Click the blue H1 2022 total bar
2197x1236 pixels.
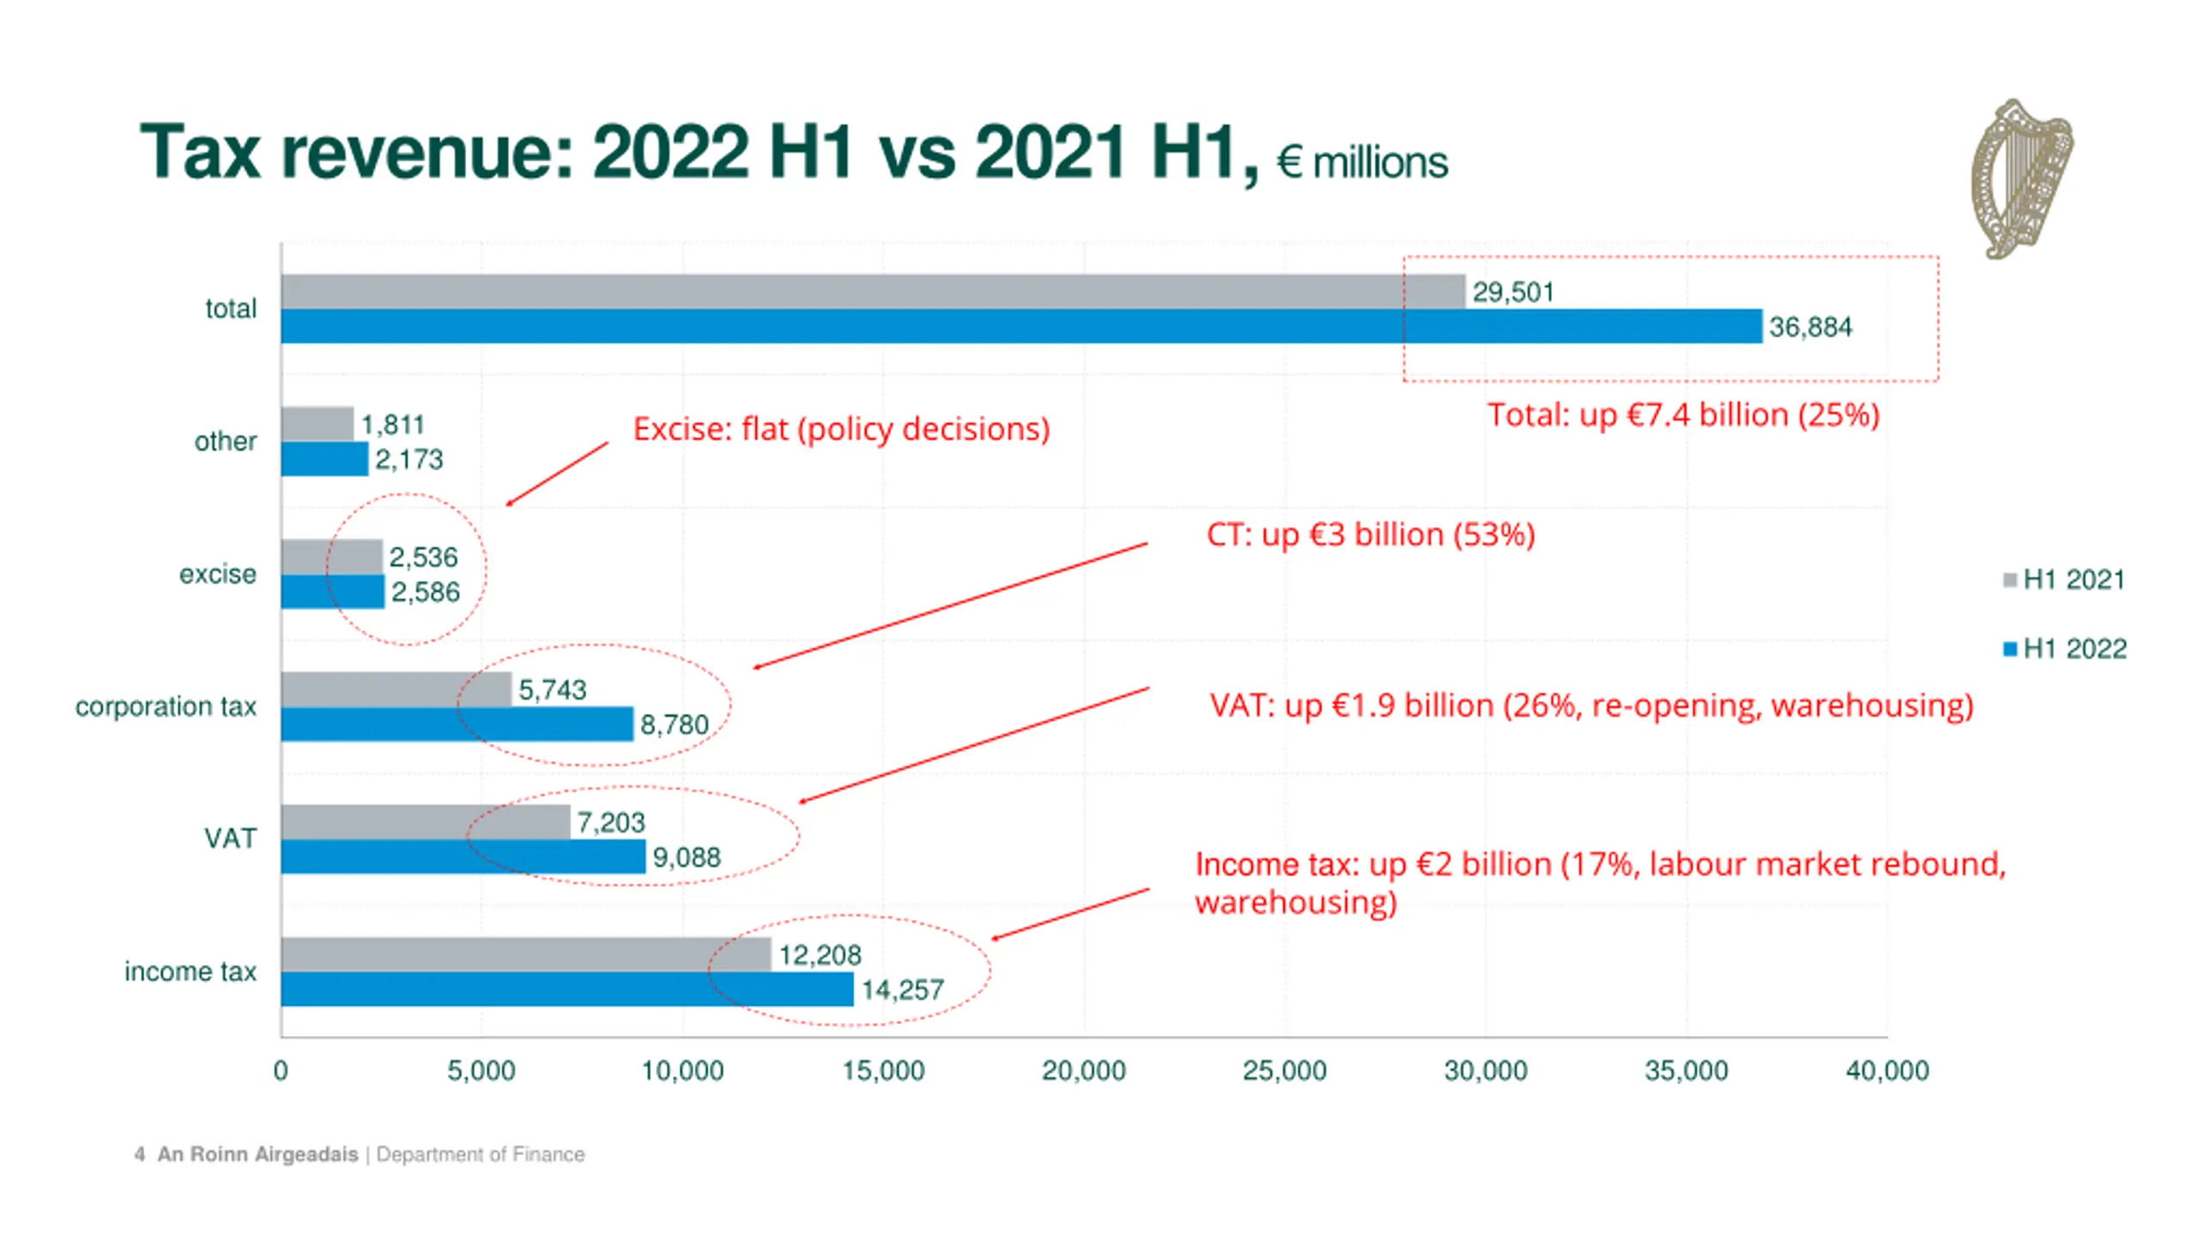(1021, 326)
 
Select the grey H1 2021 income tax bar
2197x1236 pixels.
(525, 954)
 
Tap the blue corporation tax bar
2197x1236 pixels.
(457, 724)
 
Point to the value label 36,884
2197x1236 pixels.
(1810, 327)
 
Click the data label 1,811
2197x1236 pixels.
(392, 424)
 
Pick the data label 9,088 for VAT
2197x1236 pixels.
(687, 857)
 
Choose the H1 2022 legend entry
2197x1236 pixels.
(2065, 648)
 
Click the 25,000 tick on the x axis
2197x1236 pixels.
(1284, 1070)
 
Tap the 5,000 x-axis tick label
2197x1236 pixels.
(481, 1070)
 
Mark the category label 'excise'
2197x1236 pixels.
(217, 573)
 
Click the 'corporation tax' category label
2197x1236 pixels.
(166, 706)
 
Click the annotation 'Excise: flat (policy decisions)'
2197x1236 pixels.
(841, 428)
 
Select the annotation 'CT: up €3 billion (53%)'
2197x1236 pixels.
(1371, 534)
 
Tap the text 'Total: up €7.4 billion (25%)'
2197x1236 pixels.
(1683, 415)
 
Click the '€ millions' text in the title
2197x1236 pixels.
(1362, 162)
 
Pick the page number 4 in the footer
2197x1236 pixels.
(139, 1154)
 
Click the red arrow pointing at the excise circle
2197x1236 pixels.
(557, 474)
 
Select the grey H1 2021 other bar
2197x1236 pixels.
(317, 424)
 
